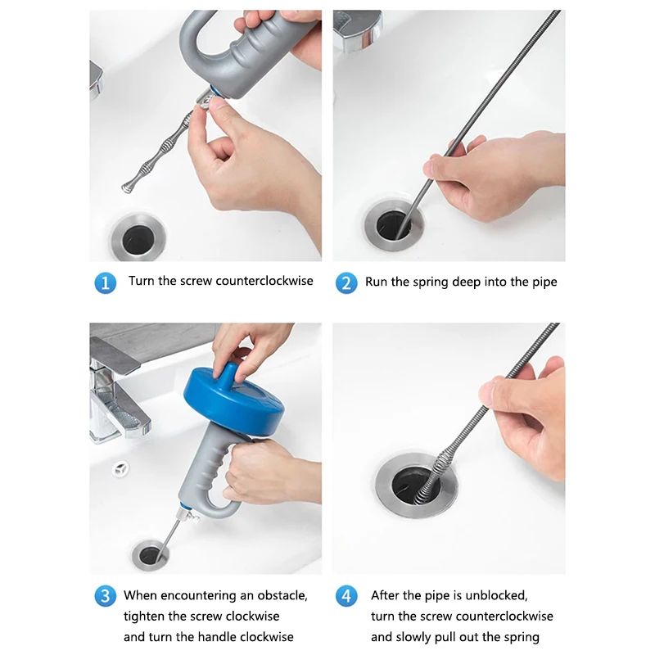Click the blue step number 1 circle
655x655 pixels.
click(105, 282)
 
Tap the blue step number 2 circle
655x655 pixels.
click(346, 282)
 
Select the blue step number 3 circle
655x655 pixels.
click(105, 595)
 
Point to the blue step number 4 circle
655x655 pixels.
click(346, 595)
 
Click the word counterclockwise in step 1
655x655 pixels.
click(264, 281)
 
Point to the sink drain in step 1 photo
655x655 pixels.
click(137, 237)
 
